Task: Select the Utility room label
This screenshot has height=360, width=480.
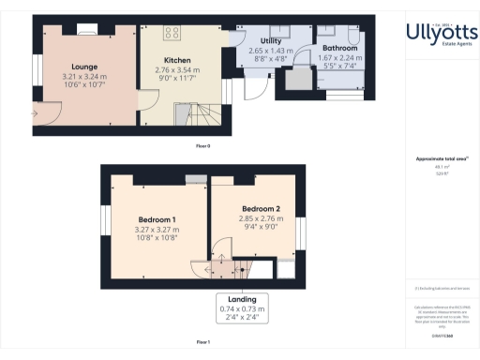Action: [x=271, y=41]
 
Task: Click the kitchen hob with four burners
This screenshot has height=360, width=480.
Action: [x=172, y=33]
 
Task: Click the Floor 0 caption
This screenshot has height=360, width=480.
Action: [x=202, y=147]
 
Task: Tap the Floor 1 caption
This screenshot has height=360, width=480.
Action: [x=202, y=343]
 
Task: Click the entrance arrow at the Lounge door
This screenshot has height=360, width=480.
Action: [x=36, y=113]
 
